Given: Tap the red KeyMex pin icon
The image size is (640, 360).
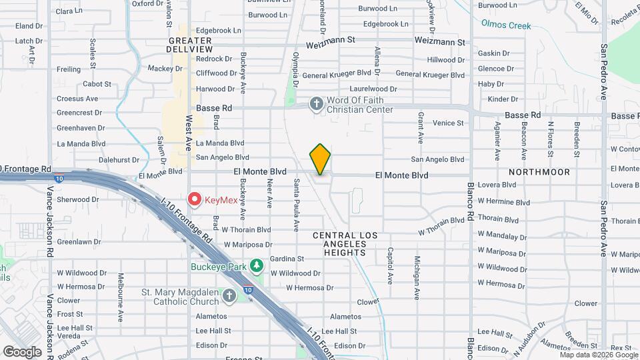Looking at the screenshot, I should (195, 198).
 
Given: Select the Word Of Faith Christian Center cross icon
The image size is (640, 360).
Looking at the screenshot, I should (316, 103).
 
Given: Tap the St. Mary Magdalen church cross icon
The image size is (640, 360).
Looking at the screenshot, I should (229, 295).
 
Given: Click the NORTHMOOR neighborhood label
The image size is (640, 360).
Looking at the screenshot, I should (546, 172).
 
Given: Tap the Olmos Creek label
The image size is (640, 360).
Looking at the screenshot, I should (506, 26).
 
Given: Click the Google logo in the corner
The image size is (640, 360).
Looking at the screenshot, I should (22, 351).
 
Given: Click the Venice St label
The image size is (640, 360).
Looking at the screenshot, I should (448, 123).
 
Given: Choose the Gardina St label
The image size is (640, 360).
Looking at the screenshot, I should (287, 259).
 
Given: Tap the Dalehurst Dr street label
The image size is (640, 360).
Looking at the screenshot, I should (119, 160).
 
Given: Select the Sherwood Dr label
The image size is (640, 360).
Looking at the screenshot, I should (78, 199).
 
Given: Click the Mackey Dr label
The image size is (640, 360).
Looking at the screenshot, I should (161, 68).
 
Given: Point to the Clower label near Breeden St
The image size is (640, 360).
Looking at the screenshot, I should (586, 303).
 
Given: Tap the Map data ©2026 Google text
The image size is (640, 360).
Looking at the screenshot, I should (598, 355).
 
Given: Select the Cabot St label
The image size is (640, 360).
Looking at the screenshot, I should (97, 84).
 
